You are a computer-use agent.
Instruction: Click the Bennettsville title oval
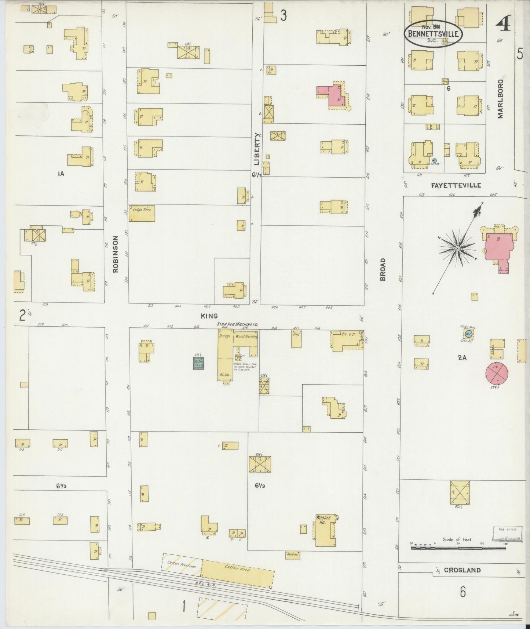click(433, 33)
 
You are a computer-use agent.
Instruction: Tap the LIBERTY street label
click(257, 149)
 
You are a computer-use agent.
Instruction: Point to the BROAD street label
click(383, 269)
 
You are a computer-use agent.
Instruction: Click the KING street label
click(209, 316)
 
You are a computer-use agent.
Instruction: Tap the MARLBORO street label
click(500, 99)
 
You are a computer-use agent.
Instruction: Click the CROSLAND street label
click(462, 570)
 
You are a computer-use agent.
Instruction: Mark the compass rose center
click(457, 249)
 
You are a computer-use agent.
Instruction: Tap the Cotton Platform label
click(182, 564)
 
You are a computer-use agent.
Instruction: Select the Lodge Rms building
click(142, 213)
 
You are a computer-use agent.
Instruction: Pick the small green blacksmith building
click(198, 363)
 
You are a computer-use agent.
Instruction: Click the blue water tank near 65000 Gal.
click(467, 334)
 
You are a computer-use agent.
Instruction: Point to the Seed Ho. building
click(292, 555)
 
